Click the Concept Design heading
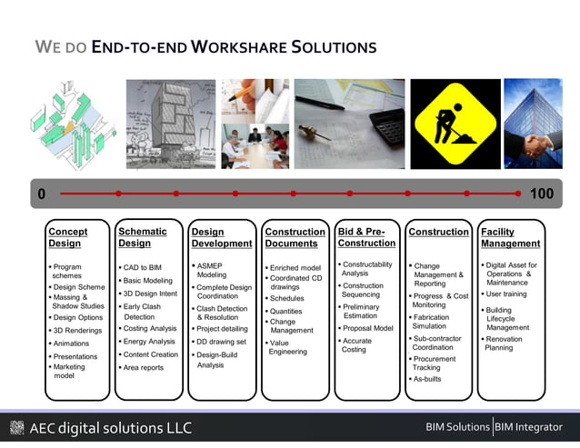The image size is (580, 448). pos(68,237)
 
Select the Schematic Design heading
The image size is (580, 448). pos(143,237)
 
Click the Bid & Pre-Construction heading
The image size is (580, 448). pos(366,237)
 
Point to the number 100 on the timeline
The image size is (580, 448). pos(541,194)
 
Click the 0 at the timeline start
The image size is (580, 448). pos(41,194)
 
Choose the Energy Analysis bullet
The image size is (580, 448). pos(150,342)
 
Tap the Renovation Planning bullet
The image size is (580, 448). pos(505,343)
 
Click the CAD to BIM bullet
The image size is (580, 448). pos(144,268)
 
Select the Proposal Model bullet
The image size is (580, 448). pos(367,328)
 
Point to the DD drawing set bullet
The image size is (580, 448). pos(221,342)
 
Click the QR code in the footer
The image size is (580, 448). pos(16,428)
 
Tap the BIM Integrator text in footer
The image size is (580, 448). pos(529,427)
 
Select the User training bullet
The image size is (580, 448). pos(506,294)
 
